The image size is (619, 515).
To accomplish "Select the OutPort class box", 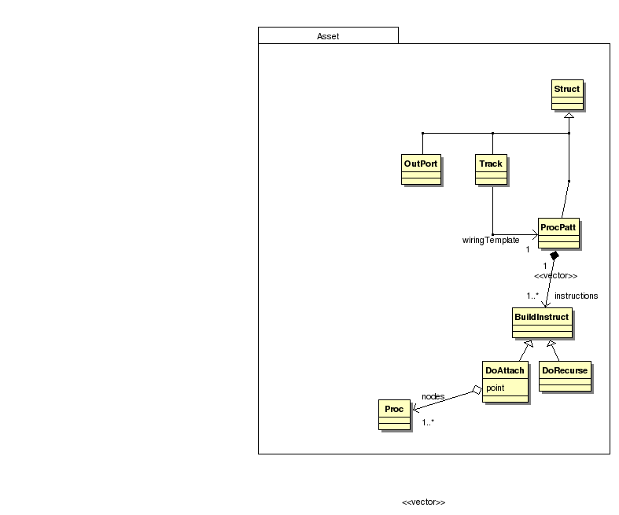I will point(421,170).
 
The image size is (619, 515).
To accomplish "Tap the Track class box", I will point(492,170).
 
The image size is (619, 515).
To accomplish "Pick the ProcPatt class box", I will point(559,234).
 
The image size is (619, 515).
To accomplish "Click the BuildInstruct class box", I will point(542,322).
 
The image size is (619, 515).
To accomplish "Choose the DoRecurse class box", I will point(564,376).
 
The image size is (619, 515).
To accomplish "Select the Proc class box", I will point(394,414).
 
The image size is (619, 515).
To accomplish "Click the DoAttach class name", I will point(505,370).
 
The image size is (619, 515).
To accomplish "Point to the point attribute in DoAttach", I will point(496,388).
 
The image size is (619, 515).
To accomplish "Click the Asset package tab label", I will point(328,36).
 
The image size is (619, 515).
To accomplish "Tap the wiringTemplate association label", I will point(490,240).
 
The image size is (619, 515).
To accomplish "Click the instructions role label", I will point(576,296).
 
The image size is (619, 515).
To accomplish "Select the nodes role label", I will point(433,395).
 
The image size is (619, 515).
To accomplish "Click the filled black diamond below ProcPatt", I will point(555,256).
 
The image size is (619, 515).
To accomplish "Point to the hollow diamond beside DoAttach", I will point(475,389).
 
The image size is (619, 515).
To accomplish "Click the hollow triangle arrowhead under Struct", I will point(569,115).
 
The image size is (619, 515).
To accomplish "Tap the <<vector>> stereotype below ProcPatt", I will point(555,276).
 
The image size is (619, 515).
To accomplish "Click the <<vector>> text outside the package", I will point(423,502).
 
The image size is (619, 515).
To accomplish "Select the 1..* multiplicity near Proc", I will point(428,423).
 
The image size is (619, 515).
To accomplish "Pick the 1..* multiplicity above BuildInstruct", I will point(532,296).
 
